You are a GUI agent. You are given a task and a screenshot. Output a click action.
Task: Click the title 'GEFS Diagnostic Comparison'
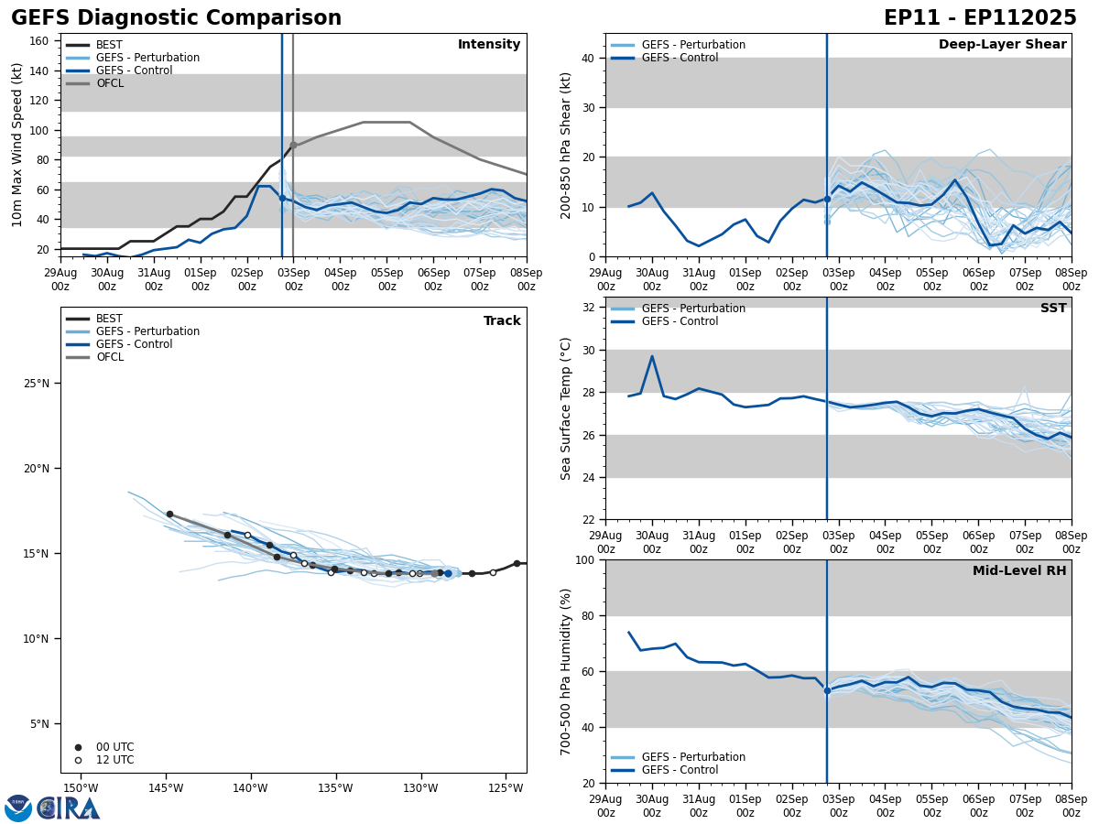click(176, 18)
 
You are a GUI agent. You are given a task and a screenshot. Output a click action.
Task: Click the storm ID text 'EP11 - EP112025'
click(980, 18)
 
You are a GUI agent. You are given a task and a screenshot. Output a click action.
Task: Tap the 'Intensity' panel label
click(489, 45)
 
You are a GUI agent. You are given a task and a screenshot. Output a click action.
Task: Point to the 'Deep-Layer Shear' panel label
click(1002, 45)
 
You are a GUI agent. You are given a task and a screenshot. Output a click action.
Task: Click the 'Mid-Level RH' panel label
click(1019, 571)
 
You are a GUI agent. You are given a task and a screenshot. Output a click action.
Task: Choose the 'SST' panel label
click(1053, 309)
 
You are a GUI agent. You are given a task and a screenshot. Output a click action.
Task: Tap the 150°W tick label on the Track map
click(81, 788)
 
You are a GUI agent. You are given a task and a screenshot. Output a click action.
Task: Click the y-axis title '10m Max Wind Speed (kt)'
click(17, 145)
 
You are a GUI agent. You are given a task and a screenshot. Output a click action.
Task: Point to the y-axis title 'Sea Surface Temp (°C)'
click(566, 408)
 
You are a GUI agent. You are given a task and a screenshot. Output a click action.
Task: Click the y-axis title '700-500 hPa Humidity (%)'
click(566, 671)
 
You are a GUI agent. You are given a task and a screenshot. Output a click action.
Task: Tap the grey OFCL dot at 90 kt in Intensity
click(293, 145)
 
